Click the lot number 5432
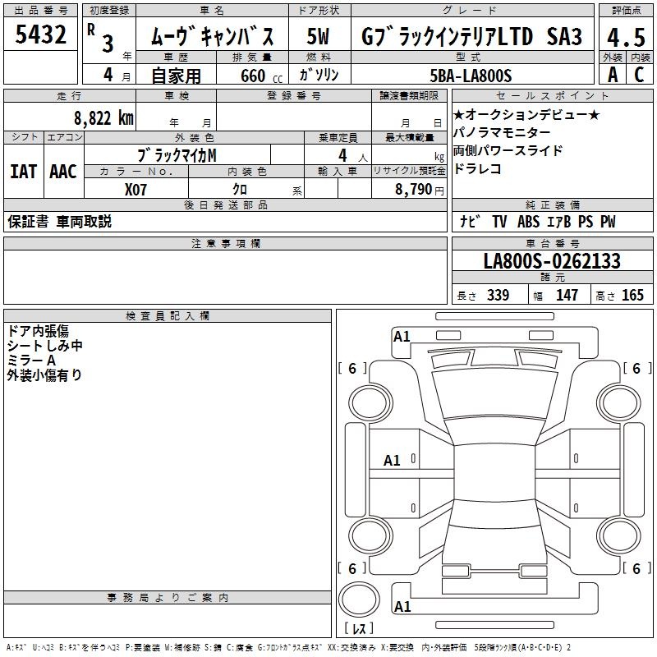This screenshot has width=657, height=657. [x=40, y=34]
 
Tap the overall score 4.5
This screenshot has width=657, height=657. [x=626, y=37]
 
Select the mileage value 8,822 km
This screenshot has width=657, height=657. [x=103, y=118]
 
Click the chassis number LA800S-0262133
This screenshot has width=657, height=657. [x=552, y=260]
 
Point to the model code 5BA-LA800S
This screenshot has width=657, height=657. [x=471, y=76]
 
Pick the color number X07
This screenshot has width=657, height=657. [x=136, y=190]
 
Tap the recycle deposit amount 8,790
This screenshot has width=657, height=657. [x=413, y=189]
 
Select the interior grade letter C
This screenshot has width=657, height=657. [x=639, y=75]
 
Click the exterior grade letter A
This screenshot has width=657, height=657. [x=613, y=75]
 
